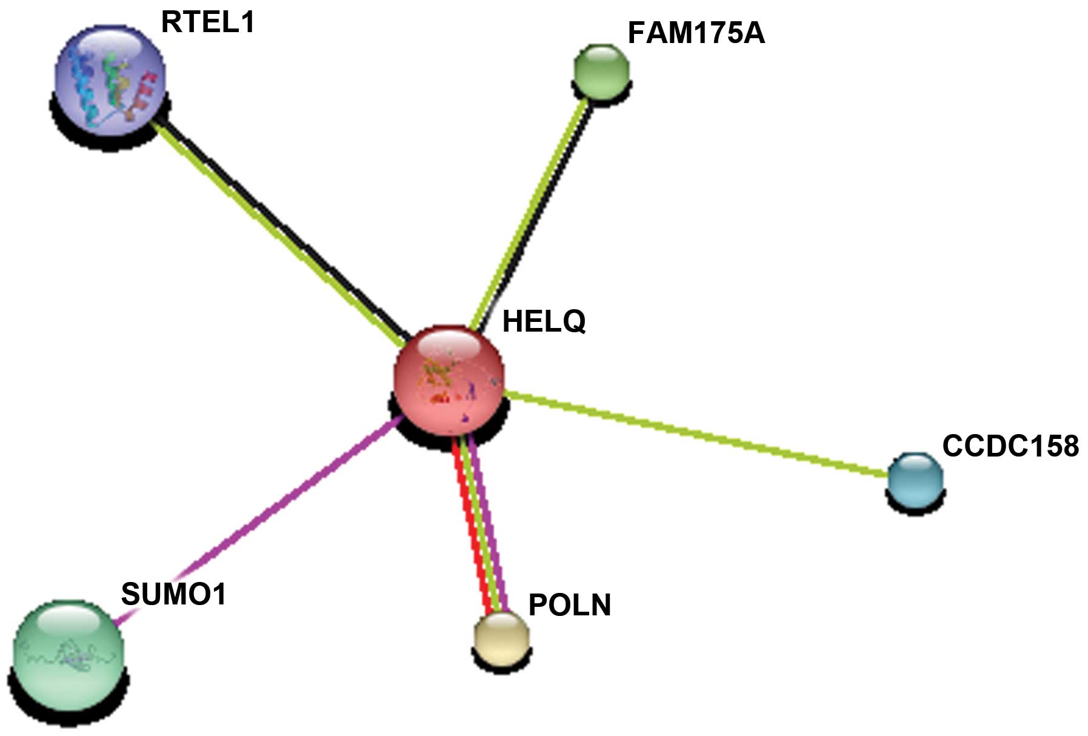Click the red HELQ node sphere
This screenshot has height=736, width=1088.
pos(449,380)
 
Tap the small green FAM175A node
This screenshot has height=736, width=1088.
pos(601,70)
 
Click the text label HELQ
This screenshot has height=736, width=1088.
pos(544,321)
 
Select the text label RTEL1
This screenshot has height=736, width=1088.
pos(207,23)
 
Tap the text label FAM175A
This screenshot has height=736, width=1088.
pos(696,33)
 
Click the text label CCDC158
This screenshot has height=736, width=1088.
pos(1010,446)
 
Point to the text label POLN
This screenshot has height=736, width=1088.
pos(570,605)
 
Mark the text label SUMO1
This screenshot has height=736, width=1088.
pos(173,594)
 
